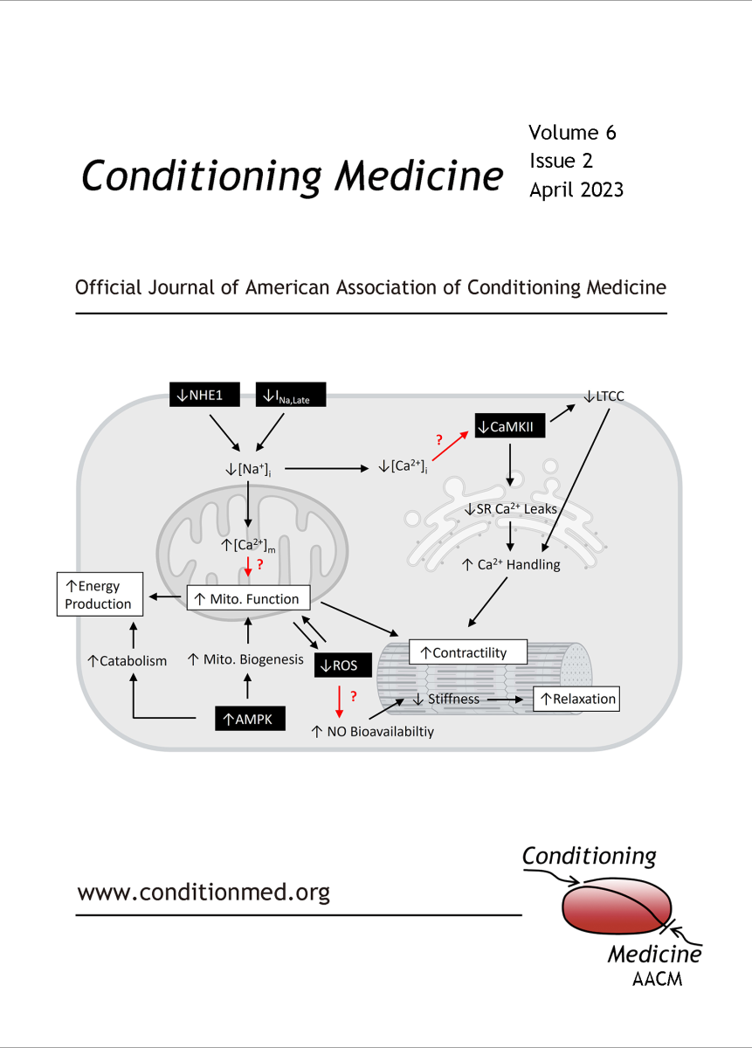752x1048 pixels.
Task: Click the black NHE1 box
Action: [x=204, y=395]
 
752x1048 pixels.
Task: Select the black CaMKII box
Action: [x=509, y=426]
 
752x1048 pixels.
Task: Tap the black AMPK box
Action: [x=250, y=718]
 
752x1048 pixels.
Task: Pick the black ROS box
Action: [x=343, y=665]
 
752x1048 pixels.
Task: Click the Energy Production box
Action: [x=100, y=594]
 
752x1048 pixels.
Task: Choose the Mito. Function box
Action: [x=248, y=598]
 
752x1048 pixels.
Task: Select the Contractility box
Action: [x=468, y=652]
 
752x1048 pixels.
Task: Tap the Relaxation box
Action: [x=576, y=699]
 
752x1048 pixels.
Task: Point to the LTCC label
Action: [x=604, y=396]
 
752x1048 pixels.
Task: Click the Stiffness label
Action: [x=446, y=699]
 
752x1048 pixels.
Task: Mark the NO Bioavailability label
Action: [x=372, y=731]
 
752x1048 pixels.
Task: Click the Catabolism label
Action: [x=127, y=660]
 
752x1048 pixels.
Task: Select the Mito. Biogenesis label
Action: [x=245, y=659]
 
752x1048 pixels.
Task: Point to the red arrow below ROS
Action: [x=339, y=701]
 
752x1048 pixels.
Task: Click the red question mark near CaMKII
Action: [x=439, y=440]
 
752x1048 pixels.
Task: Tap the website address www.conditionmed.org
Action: [x=204, y=892]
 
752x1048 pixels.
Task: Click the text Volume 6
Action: [x=572, y=133]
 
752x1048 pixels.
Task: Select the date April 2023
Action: [x=576, y=190]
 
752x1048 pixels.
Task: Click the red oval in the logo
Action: [x=617, y=907]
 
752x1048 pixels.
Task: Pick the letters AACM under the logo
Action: [x=658, y=979]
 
